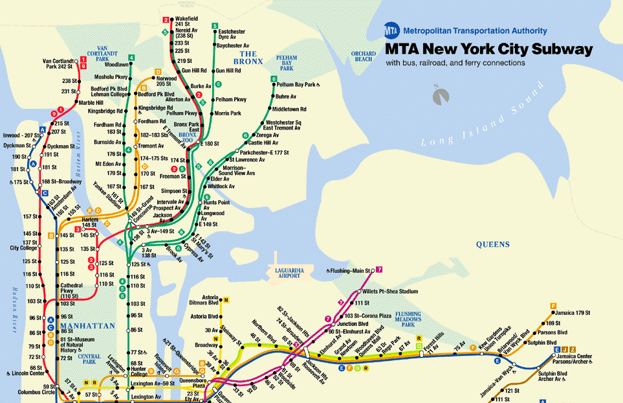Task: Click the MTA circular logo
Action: tap(391, 30)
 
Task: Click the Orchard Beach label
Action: tap(363, 56)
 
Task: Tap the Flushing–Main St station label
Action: tap(349, 270)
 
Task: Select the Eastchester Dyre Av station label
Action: tap(232, 34)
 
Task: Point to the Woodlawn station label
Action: tap(116, 65)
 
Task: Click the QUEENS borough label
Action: tap(492, 245)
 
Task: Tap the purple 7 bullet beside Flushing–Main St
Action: tap(379, 270)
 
